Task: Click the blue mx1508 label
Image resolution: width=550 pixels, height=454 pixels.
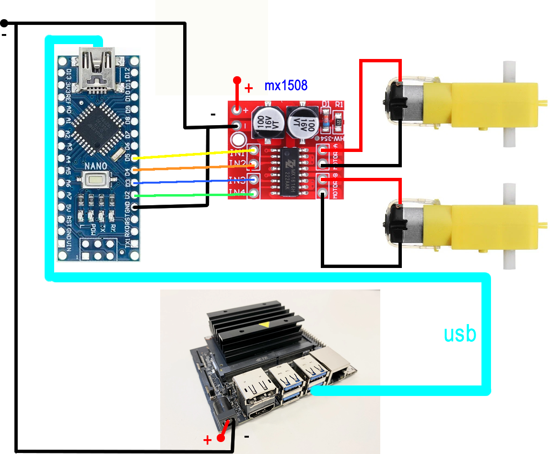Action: [x=286, y=86]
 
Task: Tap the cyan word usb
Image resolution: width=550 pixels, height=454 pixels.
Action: [x=460, y=334]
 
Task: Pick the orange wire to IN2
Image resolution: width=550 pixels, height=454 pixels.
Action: [x=192, y=167]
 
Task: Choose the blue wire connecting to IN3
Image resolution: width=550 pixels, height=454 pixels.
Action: [x=192, y=182]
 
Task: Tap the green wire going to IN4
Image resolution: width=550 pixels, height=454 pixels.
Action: [x=192, y=195]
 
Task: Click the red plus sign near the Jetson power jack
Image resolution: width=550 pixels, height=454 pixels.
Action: [x=208, y=440]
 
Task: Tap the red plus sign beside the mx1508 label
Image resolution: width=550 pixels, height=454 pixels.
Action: [x=249, y=88]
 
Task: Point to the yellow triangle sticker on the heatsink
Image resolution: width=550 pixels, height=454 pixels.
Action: [x=264, y=326]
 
